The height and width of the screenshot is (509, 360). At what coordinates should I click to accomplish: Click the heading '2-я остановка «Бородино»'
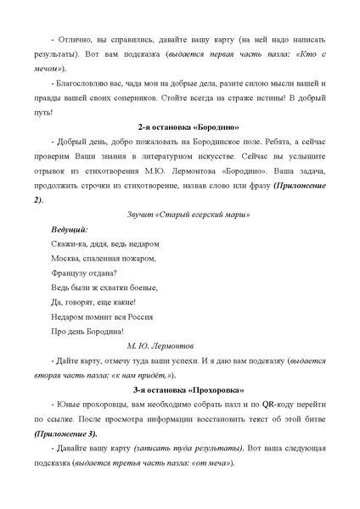point(179,126)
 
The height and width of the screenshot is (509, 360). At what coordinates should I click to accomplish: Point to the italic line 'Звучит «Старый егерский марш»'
point(179,215)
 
